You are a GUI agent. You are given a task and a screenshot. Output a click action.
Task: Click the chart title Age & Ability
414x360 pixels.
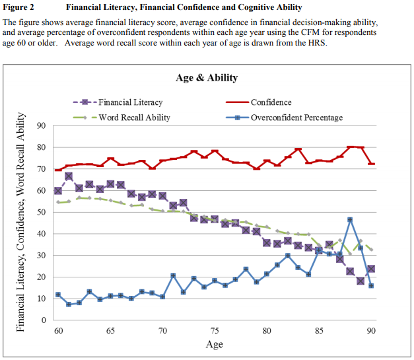tap(207, 78)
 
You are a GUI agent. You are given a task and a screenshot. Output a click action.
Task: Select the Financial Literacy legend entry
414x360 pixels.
tap(131, 102)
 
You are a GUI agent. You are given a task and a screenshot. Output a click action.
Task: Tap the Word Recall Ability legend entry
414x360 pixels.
tap(135, 118)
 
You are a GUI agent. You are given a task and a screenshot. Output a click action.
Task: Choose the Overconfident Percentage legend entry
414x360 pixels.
tap(296, 118)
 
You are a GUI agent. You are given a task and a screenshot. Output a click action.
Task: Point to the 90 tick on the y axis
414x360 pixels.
tap(41, 126)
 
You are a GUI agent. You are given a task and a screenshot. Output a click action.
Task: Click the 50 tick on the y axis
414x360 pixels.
tap(41, 212)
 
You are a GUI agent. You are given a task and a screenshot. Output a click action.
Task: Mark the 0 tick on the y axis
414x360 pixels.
tap(43, 320)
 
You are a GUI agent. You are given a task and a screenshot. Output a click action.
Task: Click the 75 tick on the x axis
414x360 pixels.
tap(214, 330)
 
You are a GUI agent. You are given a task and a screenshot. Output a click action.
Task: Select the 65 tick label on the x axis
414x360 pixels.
tap(110, 330)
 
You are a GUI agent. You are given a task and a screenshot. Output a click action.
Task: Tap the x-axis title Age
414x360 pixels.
tap(214, 344)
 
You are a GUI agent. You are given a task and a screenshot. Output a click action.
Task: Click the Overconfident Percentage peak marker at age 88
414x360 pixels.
tap(350, 220)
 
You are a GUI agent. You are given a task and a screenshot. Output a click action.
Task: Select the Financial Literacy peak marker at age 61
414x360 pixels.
tap(69, 176)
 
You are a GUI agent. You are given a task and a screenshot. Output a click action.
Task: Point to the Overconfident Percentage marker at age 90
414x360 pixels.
tap(371, 286)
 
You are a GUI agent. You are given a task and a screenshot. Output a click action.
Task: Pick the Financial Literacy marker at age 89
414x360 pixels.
tap(361, 281)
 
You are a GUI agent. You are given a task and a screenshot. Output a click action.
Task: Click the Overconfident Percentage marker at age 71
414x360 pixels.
tap(173, 275)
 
